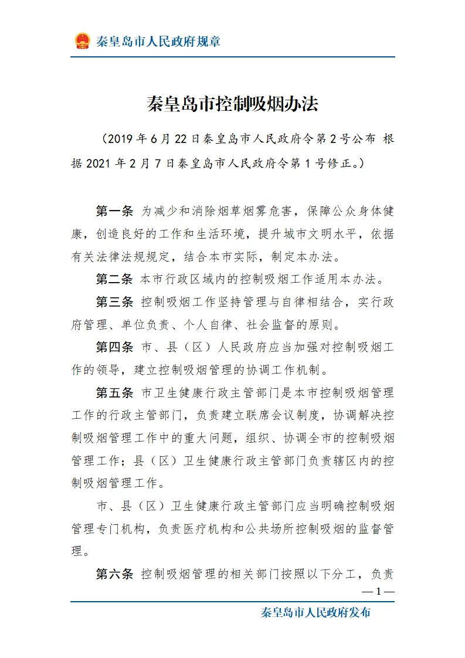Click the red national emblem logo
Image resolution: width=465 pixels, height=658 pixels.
pyautogui.click(x=82, y=41)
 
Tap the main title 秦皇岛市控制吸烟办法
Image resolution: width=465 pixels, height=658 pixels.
pyautogui.click(x=232, y=104)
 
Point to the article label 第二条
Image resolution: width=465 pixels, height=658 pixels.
pyautogui.click(x=115, y=279)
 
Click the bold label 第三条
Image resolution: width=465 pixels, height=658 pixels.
pyautogui.click(x=115, y=302)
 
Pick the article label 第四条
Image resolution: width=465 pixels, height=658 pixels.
pyautogui.click(x=115, y=347)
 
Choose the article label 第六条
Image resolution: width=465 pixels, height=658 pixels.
pyautogui.click(x=115, y=574)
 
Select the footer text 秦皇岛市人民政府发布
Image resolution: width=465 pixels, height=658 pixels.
pyautogui.click(x=315, y=613)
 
